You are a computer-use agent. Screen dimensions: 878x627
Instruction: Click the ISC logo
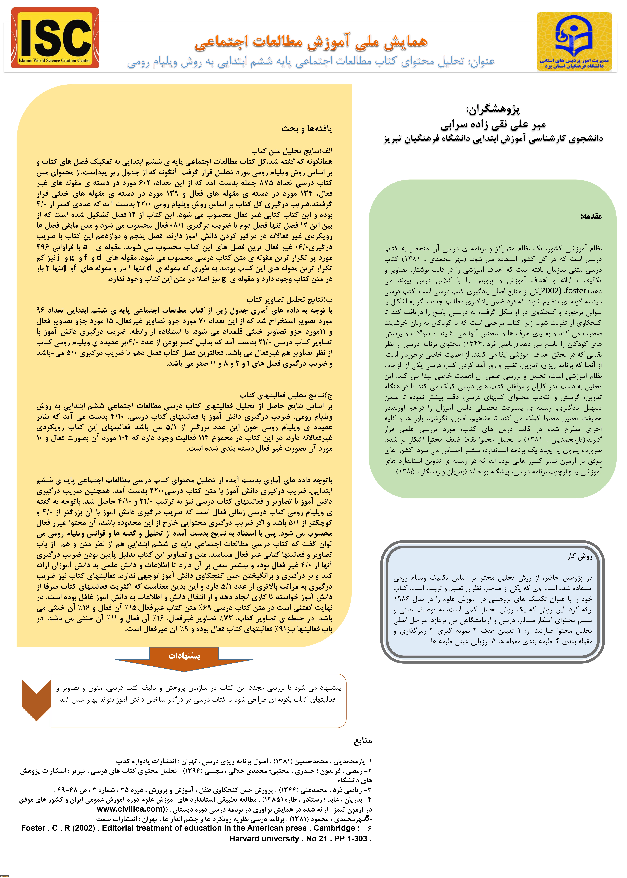(x=55, y=38)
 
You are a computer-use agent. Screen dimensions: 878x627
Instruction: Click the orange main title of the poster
(x=311, y=42)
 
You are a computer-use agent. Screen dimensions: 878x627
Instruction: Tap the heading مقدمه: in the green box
(x=591, y=216)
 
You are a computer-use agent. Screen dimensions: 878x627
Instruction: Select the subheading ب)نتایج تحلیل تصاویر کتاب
(x=290, y=300)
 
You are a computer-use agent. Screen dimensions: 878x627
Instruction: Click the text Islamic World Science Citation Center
(x=54, y=60)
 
